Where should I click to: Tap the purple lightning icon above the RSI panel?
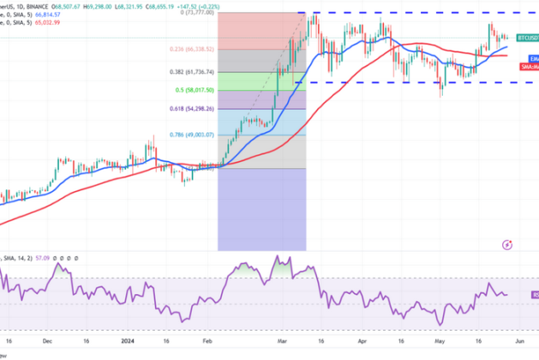click(x=511, y=245)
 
